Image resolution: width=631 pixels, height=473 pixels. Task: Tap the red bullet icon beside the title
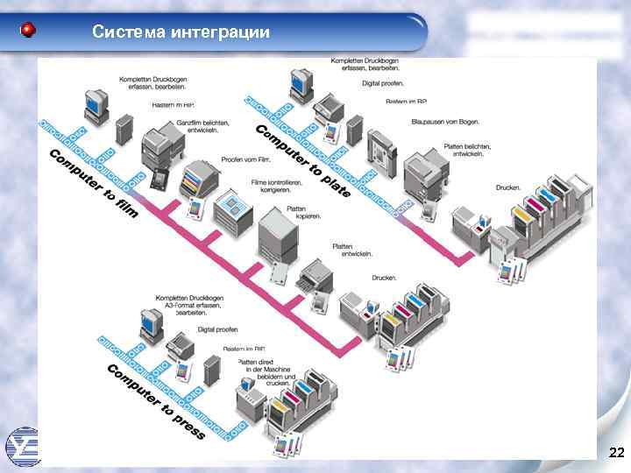[x=29, y=32]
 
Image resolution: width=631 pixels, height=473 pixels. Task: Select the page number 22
[x=616, y=452]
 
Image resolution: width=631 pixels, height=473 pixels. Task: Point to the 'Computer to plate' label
[x=302, y=159]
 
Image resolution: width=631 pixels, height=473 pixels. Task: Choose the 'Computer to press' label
[x=155, y=401]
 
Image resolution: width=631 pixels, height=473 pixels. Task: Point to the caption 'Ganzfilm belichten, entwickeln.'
[x=202, y=126]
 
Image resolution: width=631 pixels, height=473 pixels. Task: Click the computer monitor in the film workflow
[x=93, y=103]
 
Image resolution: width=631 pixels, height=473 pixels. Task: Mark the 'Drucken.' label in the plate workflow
[x=507, y=187]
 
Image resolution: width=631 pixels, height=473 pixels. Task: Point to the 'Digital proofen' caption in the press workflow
[x=217, y=329]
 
